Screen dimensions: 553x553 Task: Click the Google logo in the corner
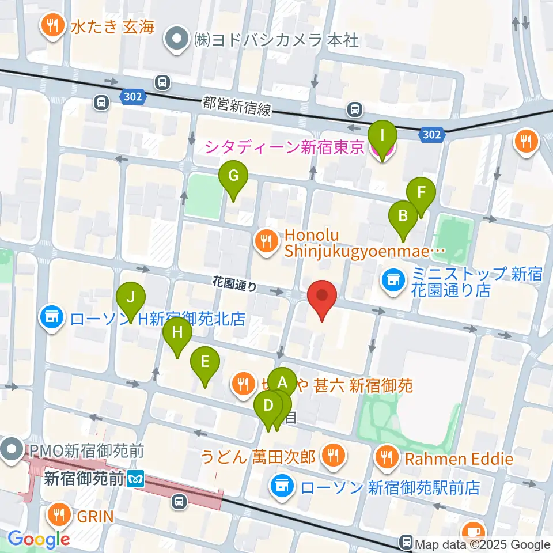point(39,540)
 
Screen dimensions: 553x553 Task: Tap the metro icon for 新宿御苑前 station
point(137,478)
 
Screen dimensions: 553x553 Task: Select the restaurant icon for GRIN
point(59,513)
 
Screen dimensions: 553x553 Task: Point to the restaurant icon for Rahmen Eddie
point(385,458)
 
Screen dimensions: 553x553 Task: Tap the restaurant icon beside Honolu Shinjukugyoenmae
point(265,240)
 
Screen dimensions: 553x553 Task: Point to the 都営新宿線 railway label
point(236,105)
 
